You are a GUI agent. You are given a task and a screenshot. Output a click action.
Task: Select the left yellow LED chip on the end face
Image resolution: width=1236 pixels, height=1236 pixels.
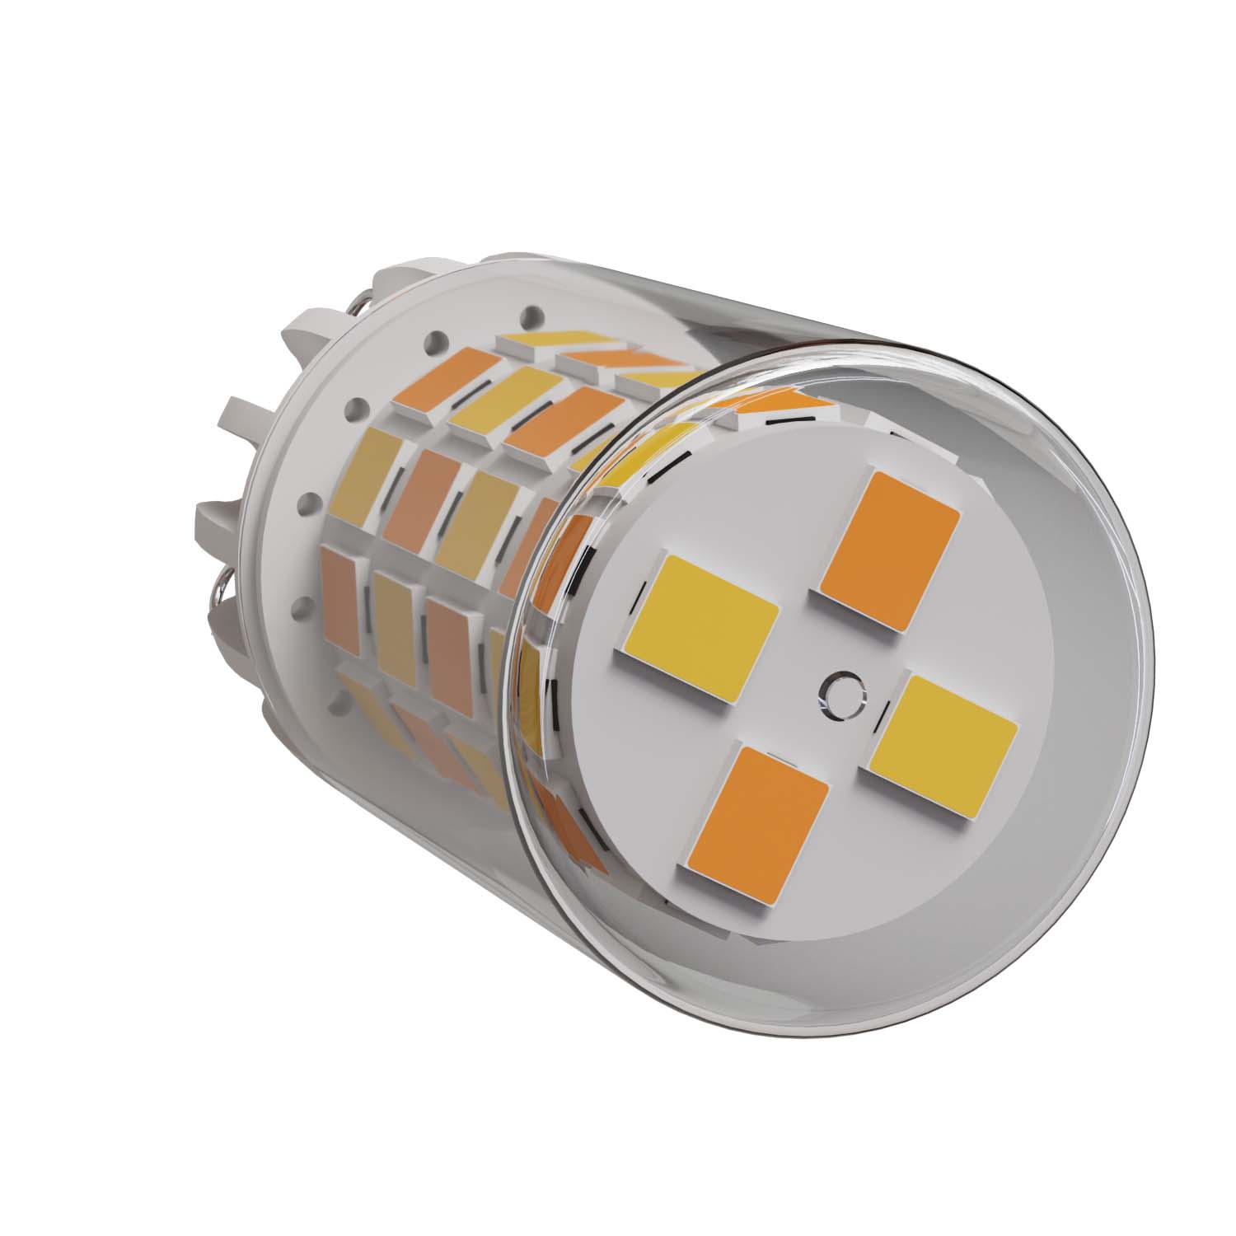(x=701, y=630)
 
